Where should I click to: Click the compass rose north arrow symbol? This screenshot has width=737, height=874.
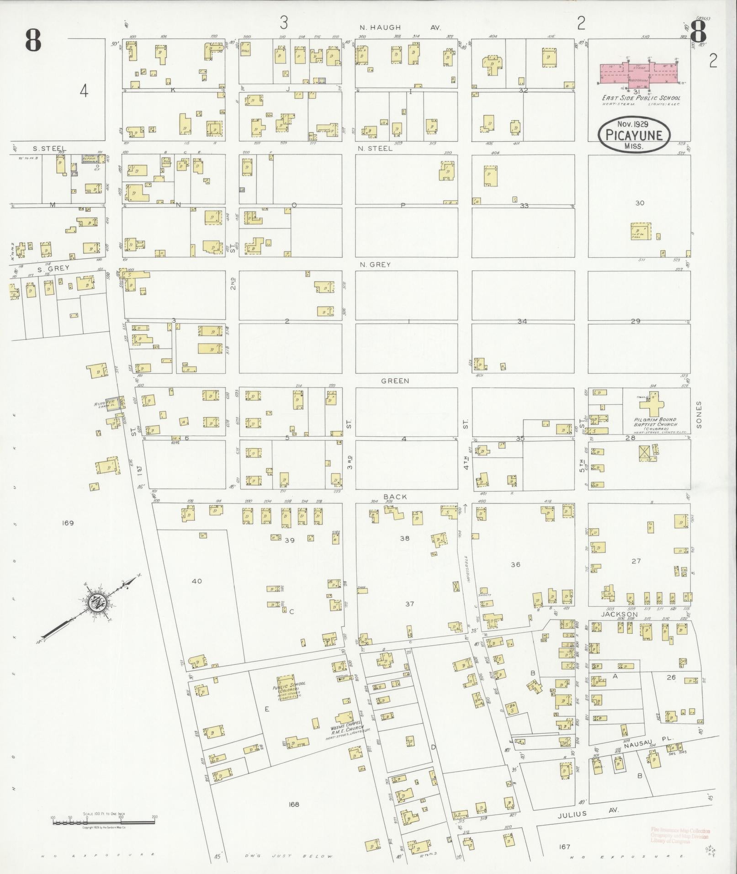(97, 602)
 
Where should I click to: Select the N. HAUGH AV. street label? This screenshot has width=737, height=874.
(399, 28)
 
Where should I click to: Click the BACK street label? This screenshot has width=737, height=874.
(395, 497)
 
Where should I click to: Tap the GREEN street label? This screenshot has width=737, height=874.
(395, 381)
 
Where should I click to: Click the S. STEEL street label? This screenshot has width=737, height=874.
(49, 148)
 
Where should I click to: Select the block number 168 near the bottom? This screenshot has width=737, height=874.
(293, 805)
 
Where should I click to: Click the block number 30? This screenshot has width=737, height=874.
(640, 203)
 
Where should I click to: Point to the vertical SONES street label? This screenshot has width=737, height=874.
(699, 415)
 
